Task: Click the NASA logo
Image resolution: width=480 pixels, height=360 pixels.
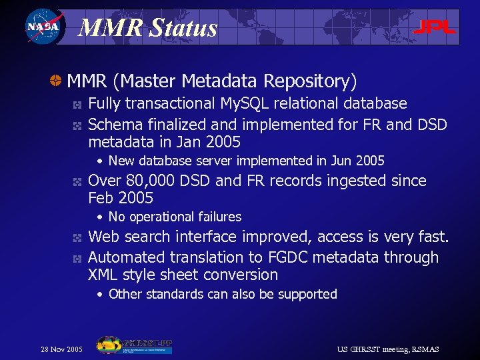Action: click(x=43, y=27)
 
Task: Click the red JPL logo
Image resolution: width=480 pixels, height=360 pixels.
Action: click(x=434, y=27)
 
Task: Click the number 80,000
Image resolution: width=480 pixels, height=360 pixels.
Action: click(x=154, y=181)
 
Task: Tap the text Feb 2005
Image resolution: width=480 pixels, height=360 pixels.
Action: click(x=121, y=198)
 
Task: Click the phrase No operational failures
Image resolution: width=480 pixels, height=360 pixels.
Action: click(x=175, y=217)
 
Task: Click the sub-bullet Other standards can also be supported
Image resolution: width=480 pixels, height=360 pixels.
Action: click(x=223, y=294)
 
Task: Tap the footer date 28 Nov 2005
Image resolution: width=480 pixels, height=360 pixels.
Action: click(x=62, y=349)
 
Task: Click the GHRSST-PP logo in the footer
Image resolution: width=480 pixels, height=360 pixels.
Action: click(x=134, y=345)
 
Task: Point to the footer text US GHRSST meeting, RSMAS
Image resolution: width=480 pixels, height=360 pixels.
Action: click(x=388, y=349)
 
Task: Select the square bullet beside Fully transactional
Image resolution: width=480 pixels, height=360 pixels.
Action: click(x=77, y=105)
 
